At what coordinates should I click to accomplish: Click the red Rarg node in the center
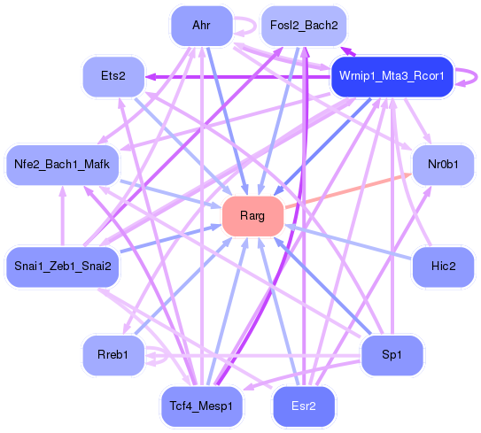coord(252,216)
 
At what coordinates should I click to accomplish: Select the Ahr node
coord(200,25)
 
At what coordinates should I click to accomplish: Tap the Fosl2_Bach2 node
coord(303,25)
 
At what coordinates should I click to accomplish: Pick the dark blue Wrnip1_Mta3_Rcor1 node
coord(392,75)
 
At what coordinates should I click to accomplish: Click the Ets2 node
coord(113,76)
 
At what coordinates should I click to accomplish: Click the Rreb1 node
coord(113,355)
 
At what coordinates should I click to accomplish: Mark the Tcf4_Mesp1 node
coord(200,406)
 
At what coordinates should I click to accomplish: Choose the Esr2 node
coord(303,406)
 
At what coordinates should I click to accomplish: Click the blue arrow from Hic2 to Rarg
coord(354,244)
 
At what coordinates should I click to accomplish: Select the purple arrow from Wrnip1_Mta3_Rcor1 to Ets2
coord(239,76)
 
